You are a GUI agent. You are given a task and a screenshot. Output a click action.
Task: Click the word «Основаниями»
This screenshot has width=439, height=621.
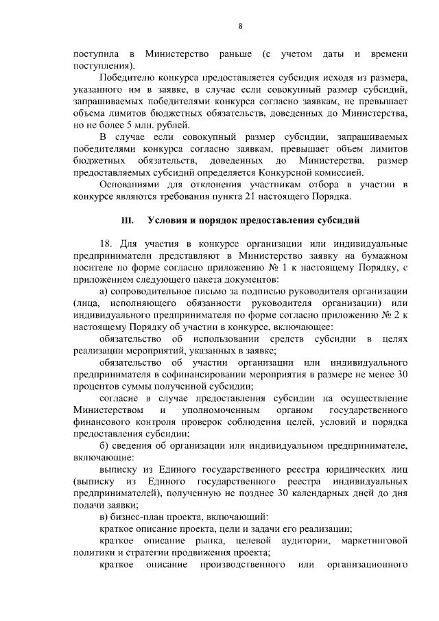click(x=130, y=185)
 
